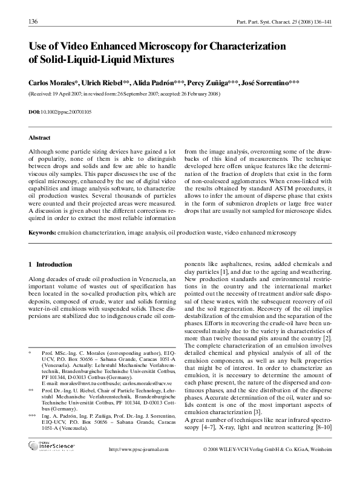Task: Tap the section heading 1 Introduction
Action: [51, 265]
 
